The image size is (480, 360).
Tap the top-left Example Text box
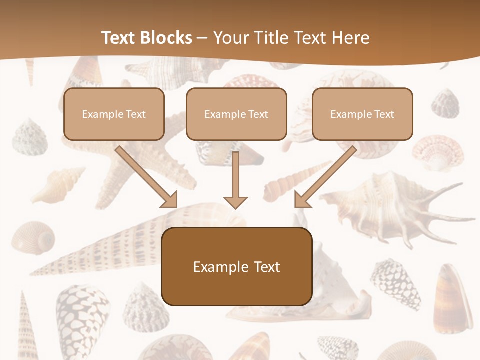coord(114,114)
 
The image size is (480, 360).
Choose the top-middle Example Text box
coord(236,114)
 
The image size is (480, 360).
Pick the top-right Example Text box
coord(362,114)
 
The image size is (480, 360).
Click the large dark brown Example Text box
coord(237,267)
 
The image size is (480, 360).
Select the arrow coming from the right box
coord(325,177)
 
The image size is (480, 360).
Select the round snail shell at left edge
coord(33,237)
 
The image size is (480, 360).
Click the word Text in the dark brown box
coord(267,267)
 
